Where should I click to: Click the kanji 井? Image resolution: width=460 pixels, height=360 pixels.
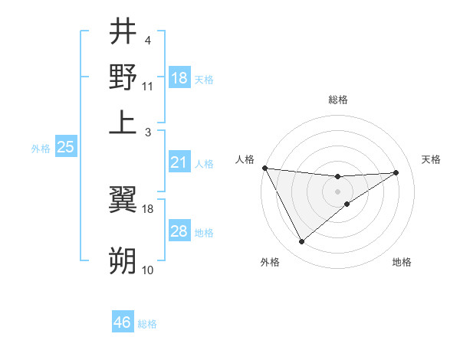[x=123, y=31]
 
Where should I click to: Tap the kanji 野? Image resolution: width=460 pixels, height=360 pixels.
[x=123, y=77]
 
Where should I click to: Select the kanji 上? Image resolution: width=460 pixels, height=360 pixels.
[x=123, y=122]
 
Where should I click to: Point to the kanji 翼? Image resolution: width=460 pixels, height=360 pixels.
[x=123, y=198]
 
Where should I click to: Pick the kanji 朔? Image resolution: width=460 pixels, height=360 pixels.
[x=123, y=260]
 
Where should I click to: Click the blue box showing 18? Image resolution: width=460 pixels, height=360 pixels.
[x=179, y=78]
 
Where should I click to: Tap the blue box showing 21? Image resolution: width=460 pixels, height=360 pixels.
[x=179, y=162]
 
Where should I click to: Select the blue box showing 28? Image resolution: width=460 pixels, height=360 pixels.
[x=179, y=231]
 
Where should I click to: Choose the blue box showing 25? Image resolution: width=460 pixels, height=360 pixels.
[x=65, y=147]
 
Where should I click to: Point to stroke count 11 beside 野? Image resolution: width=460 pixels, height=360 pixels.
[x=148, y=86]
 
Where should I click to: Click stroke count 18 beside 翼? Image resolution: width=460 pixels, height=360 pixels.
[x=148, y=208]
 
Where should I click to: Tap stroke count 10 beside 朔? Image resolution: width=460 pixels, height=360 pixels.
[x=148, y=270]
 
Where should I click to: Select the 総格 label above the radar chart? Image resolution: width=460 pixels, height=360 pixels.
[x=338, y=100]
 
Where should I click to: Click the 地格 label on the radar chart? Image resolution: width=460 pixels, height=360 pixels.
[x=402, y=263]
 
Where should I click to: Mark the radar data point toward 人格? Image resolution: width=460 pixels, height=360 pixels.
[x=264, y=168]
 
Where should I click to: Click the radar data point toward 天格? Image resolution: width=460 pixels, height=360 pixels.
[x=396, y=172]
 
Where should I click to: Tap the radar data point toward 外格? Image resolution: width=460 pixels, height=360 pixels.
[x=301, y=242]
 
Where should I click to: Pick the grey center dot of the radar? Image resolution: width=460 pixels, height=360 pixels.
[x=337, y=191]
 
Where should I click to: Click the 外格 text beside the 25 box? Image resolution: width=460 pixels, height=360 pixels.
[x=40, y=149]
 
